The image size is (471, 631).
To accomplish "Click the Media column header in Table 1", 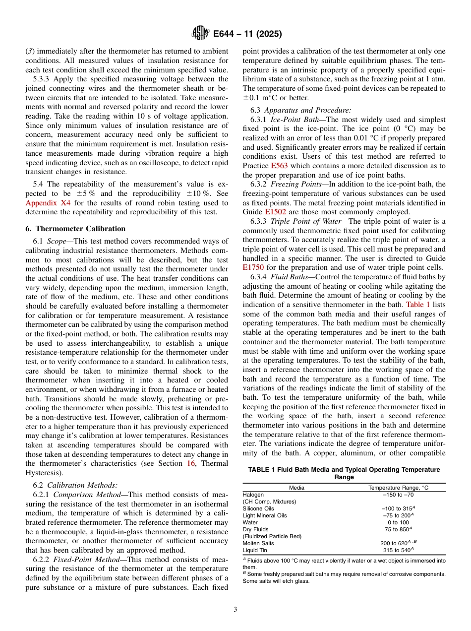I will point(296,488).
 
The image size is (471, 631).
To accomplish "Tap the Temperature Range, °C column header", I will point(398,488).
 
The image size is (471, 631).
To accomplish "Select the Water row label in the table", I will point(250,522).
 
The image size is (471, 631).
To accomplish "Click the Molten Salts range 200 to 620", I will point(395,543).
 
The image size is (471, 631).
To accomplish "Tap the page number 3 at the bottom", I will point(235,610).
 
